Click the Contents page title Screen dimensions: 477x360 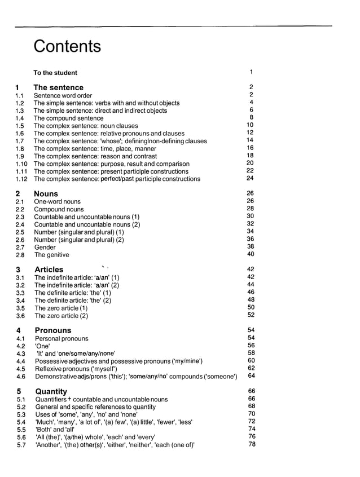tap(67, 46)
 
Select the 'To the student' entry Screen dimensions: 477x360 tap(55, 73)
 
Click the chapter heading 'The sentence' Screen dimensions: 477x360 tap(58, 87)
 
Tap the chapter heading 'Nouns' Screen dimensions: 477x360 tap(46, 193)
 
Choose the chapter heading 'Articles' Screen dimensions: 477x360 tap(49, 270)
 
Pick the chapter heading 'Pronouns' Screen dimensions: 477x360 tap(53, 330)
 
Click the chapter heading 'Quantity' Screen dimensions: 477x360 tap(51, 391)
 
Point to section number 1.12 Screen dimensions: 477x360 tap(21, 179)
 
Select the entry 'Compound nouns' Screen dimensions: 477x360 tap(59, 209)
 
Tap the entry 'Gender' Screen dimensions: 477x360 tap(45, 247)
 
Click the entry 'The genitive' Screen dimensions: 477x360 tap(52, 255)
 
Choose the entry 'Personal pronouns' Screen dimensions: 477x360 tap(62, 339)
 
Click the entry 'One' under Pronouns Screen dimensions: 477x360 tap(43, 346)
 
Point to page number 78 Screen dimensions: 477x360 tap(252, 444)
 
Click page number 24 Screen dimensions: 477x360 tap(250, 178)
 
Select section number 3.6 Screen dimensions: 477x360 tap(20, 316)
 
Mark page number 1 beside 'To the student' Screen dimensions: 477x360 tap(251, 72)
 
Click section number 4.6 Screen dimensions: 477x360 tap(21, 377)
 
